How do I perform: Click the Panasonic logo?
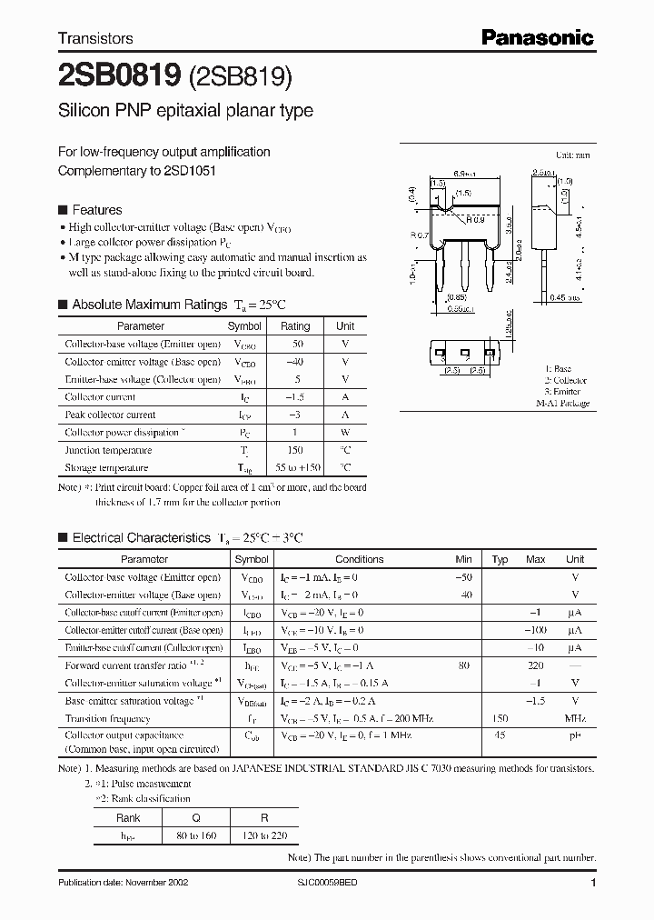tap(537, 37)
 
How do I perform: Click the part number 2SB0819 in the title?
tap(120, 77)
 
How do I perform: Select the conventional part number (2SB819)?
tap(241, 78)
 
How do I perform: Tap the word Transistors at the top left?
tap(95, 38)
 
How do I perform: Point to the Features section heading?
tap(96, 210)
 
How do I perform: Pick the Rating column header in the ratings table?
tap(295, 325)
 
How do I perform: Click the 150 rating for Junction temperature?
tap(295, 450)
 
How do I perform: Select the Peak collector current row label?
tap(110, 415)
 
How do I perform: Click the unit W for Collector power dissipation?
tap(345, 433)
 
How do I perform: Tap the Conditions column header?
tap(359, 559)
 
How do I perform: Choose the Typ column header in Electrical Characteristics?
tap(500, 559)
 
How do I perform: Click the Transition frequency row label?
tap(108, 718)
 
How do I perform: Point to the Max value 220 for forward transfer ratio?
tap(536, 665)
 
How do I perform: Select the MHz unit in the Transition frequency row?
tap(575, 718)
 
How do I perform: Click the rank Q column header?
tap(196, 818)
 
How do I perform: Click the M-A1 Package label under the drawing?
tap(562, 403)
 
